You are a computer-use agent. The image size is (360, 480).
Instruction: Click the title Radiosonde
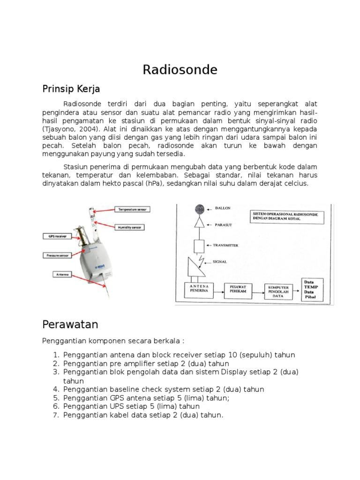point(180,70)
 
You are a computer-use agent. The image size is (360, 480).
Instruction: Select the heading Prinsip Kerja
point(71,89)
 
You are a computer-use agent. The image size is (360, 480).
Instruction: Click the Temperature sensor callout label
point(133,209)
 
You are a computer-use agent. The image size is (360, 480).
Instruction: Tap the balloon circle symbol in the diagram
point(200,208)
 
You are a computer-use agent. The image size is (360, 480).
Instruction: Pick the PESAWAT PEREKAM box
point(239,288)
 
